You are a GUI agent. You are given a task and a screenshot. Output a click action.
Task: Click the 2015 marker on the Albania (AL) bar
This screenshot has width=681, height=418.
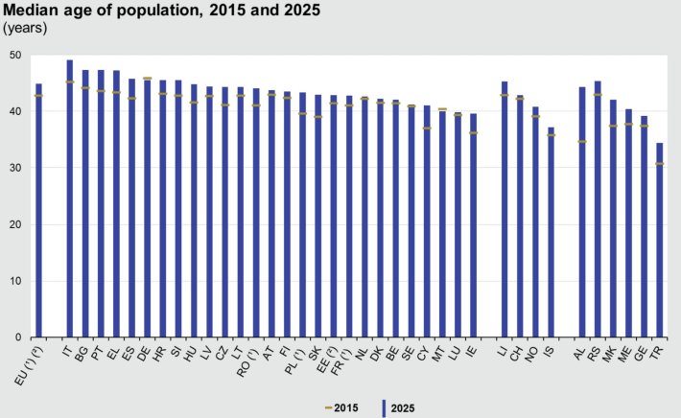point(581,142)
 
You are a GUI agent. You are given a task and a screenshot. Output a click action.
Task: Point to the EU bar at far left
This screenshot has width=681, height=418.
point(38,211)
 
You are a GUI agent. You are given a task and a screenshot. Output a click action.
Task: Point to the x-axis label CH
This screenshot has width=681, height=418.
point(519,352)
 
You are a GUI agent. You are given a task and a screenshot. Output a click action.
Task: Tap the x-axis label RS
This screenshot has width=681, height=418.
point(597,352)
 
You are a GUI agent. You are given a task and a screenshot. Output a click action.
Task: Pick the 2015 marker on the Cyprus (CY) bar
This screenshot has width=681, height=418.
point(427,128)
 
